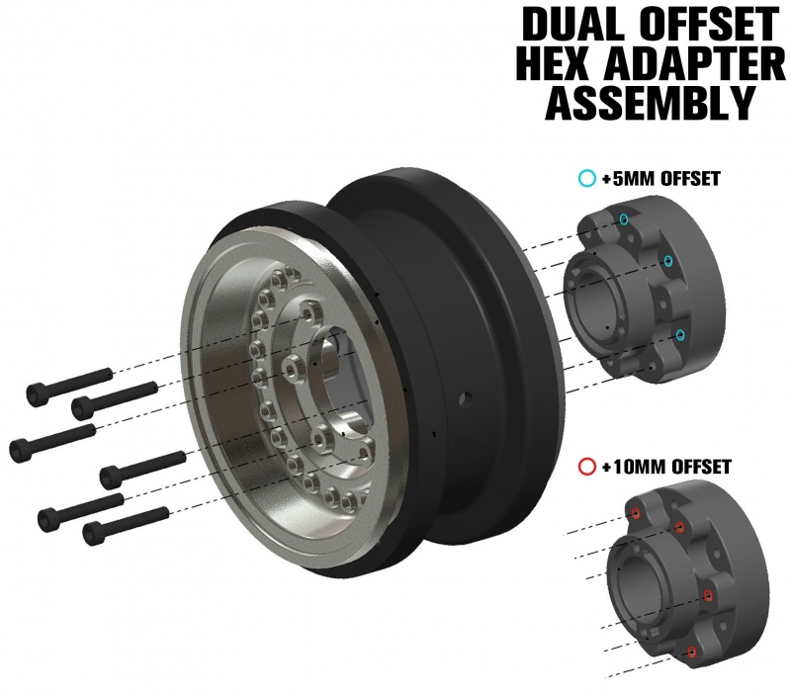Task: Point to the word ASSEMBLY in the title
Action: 650,103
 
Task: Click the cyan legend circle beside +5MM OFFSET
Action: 587,179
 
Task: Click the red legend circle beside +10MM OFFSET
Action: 587,467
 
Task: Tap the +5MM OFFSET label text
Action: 661,179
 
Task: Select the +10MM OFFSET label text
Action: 666,467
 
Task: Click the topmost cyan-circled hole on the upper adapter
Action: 625,219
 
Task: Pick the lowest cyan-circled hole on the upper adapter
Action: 680,335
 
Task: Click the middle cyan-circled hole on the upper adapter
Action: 668,261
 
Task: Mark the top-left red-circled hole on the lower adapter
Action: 636,513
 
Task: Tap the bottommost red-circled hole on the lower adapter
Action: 692,652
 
